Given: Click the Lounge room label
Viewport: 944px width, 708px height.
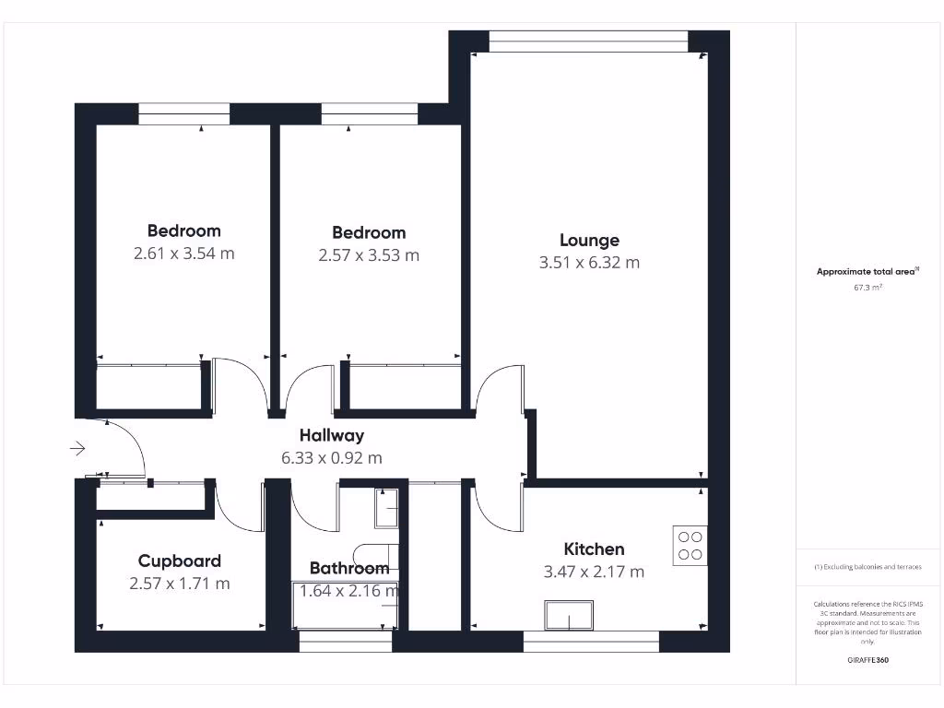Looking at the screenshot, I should pos(589,241).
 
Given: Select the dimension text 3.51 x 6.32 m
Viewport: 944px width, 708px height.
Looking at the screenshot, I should pos(589,263).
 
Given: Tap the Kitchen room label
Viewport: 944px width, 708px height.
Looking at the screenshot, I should pos(594,549).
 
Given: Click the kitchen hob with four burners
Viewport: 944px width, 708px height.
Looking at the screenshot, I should pos(689,545).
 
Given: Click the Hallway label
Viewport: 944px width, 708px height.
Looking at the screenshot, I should pos(331,436).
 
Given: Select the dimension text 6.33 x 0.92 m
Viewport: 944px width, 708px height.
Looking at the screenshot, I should pos(331,457).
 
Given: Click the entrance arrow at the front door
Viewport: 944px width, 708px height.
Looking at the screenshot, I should pos(77,449).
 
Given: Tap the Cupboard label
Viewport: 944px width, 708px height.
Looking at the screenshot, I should pos(179,561).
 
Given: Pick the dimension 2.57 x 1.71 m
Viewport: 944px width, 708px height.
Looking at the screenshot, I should pos(179,584).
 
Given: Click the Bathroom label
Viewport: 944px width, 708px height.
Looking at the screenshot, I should pos(348,568).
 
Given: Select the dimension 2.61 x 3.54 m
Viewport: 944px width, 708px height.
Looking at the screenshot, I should pos(183,253).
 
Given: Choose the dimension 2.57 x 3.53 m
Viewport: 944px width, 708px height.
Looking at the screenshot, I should pos(368,255).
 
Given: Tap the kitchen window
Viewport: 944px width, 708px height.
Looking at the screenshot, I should pos(590,641).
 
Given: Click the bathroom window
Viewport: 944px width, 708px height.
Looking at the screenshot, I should pos(345,641).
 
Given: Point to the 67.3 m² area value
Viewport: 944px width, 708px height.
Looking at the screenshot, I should pos(867,288).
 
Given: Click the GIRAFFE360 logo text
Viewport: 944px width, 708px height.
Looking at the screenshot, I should pos(867,660).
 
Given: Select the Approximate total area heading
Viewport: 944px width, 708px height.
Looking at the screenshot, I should pos(867,271).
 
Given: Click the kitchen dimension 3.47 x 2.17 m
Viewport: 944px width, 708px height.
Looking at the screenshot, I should pos(594,572).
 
